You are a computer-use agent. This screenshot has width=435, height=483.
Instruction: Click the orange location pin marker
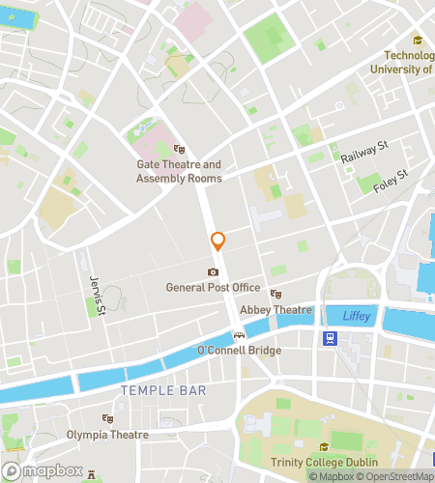coord(218,241)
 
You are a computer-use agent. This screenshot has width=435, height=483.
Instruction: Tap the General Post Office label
coord(213,287)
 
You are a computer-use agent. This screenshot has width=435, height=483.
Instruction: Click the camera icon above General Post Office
coord(213,272)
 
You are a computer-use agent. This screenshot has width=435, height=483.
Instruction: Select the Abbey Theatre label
coord(277,310)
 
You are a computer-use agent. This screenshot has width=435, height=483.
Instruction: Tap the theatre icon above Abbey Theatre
coord(276,295)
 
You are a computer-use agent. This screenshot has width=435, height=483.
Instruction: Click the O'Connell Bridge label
coord(239,350)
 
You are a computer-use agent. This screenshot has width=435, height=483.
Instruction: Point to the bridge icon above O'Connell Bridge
coord(239,335)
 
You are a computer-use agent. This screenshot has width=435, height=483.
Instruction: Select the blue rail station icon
coord(331,338)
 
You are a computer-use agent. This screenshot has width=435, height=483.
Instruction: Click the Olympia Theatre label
coord(108,435)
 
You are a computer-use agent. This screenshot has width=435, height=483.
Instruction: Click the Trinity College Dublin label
coord(323,462)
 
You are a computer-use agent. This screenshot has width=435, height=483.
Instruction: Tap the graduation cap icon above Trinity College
coord(323,447)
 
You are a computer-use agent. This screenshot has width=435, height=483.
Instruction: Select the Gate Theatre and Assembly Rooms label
coord(179,171)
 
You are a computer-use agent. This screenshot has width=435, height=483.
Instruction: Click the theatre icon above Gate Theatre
coord(179,150)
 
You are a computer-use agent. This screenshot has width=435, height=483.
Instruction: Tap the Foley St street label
coord(392,180)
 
